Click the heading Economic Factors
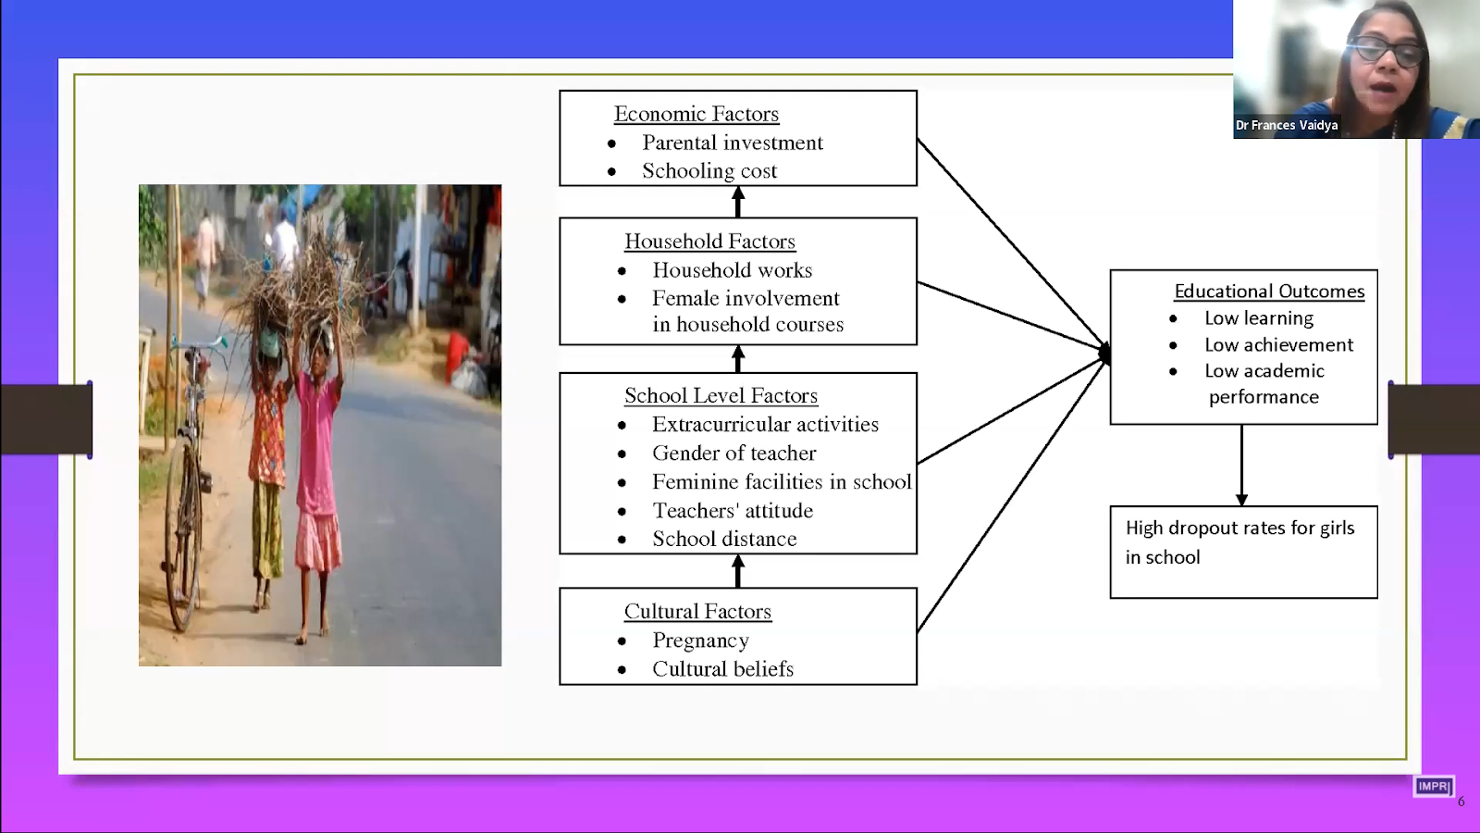pos(696,114)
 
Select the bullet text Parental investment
pos(732,143)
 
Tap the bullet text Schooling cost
pos(709,171)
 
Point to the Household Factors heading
pos(709,242)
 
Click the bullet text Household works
pos(732,270)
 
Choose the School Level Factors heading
pos(721,396)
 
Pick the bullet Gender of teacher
pos(734,454)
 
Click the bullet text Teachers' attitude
pos(732,511)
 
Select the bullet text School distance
pos(723,540)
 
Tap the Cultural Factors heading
pos(697,612)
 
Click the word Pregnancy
pos(700,640)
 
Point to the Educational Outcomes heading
pos(1269,292)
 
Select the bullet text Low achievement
pos(1278,345)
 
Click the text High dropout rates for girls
pos(1239,528)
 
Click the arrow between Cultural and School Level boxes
pos(738,571)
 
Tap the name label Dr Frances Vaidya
pos(1287,125)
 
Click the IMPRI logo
pos(1433,787)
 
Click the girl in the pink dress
pos(317,463)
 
